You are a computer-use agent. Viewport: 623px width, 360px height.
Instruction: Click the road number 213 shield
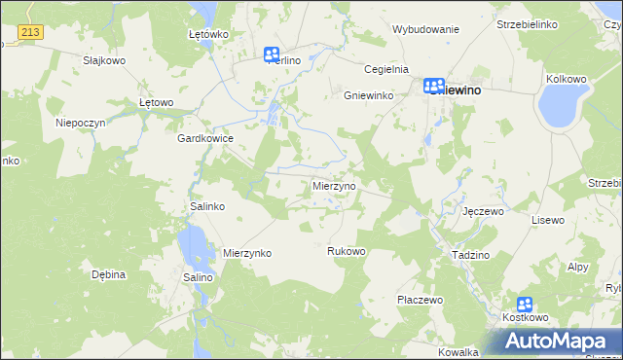[30, 33]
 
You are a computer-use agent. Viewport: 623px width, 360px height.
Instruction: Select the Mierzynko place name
[247, 253]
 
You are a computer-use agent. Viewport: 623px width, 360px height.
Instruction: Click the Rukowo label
[346, 251]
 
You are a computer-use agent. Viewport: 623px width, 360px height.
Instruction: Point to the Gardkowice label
[204, 138]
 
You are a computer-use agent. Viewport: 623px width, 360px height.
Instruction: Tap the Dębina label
[109, 274]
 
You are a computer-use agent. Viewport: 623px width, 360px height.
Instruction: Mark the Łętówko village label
[207, 34]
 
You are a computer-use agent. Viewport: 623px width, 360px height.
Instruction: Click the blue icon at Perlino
[272, 55]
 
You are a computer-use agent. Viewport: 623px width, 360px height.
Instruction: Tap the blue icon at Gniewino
[434, 87]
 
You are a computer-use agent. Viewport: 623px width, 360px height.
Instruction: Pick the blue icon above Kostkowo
[526, 305]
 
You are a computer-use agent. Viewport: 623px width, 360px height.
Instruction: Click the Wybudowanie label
[425, 29]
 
